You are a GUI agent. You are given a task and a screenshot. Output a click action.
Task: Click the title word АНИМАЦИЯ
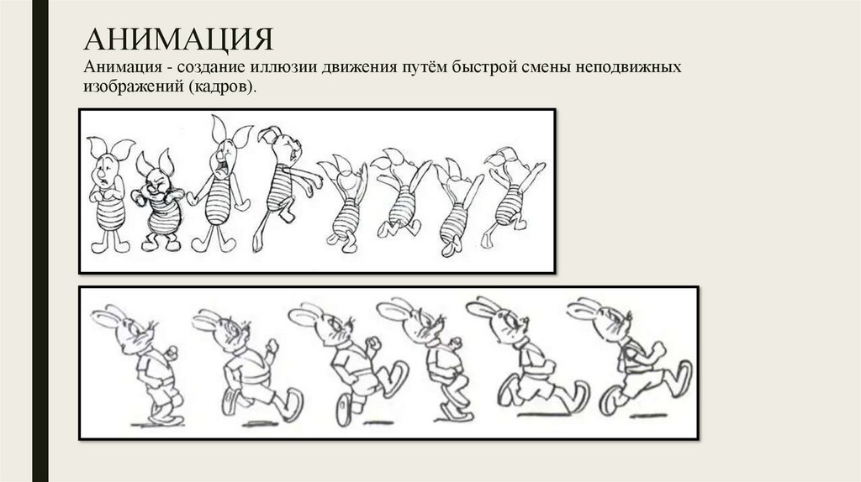click(x=179, y=39)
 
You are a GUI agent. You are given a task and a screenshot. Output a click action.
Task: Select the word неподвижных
click(x=628, y=67)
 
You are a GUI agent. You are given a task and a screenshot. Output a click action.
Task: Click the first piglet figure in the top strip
click(x=110, y=195)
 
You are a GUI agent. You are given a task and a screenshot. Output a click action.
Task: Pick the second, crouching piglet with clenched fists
click(x=157, y=201)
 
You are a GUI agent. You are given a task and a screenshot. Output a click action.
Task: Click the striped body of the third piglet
click(x=219, y=200)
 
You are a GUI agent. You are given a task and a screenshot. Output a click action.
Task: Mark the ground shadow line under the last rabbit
click(x=648, y=417)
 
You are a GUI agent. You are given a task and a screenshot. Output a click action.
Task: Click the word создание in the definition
click(x=211, y=67)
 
